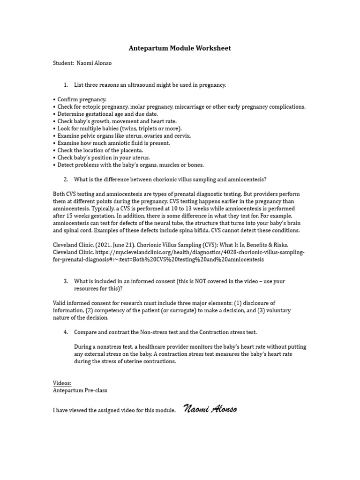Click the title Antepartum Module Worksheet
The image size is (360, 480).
coord(180,48)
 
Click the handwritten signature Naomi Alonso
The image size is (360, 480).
coord(210,409)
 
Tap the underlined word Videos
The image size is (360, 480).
coord(62,383)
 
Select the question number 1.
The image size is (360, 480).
coord(66,85)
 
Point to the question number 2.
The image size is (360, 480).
coord(66,179)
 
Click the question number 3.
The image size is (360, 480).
coord(66,281)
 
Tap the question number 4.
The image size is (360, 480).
coord(66,332)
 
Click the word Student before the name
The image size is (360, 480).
coord(63,63)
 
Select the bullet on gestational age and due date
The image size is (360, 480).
coord(108,114)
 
